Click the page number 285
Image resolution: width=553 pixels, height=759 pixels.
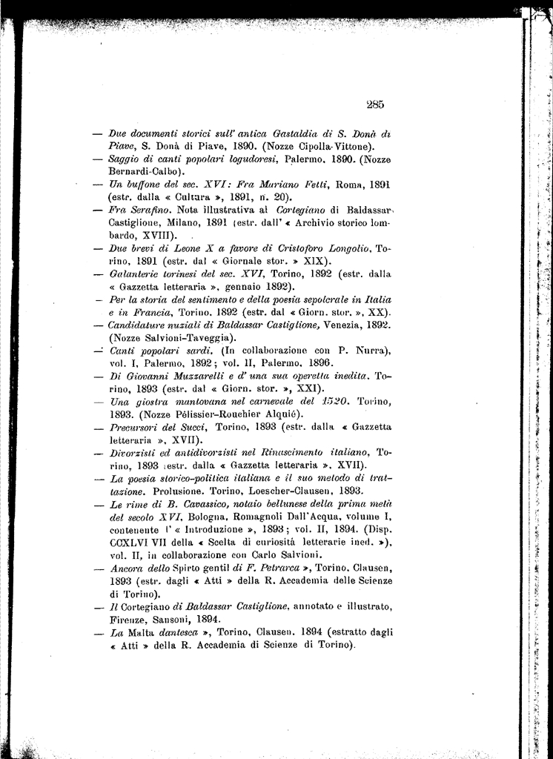(374, 105)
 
